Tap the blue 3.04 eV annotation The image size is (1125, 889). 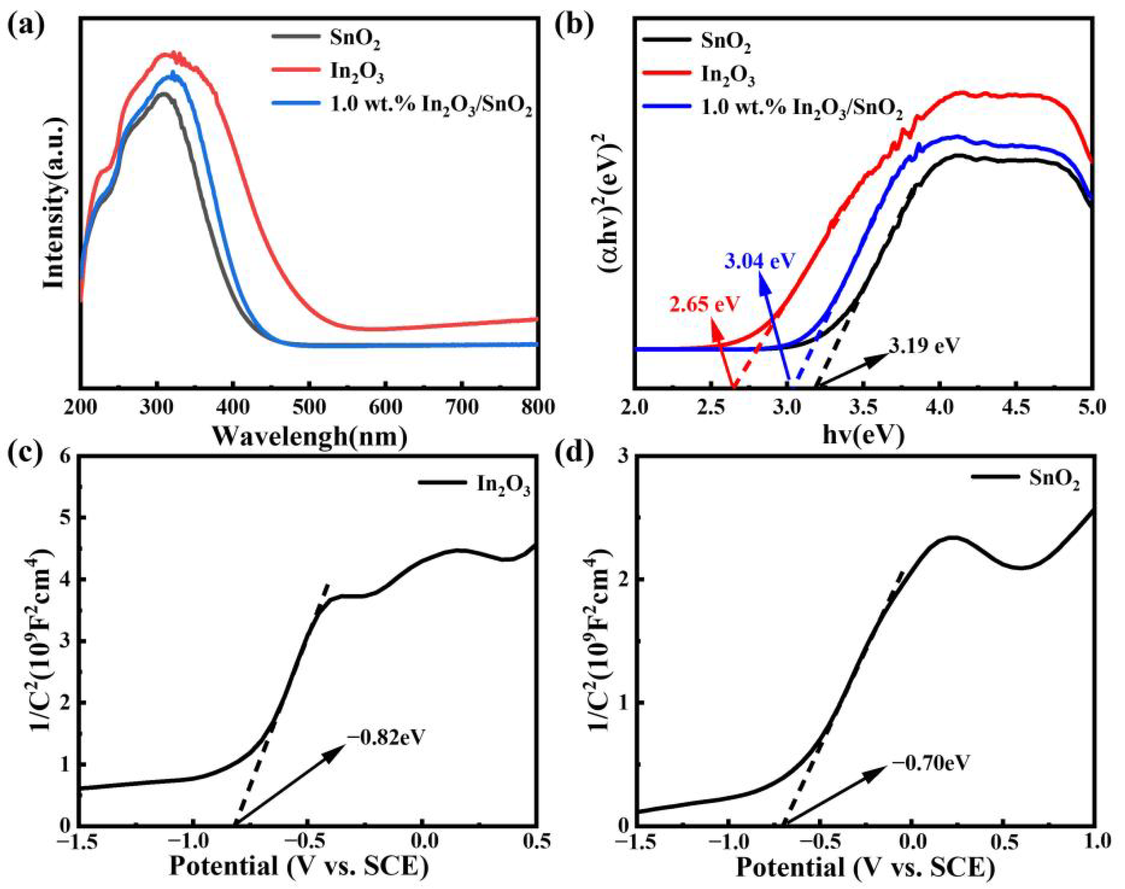pos(760,260)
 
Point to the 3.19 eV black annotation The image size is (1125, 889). pos(923,346)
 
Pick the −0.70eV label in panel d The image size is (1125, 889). pos(931,763)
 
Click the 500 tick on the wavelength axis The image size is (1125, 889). pos(309,408)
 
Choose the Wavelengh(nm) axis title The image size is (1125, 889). pos(309,436)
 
